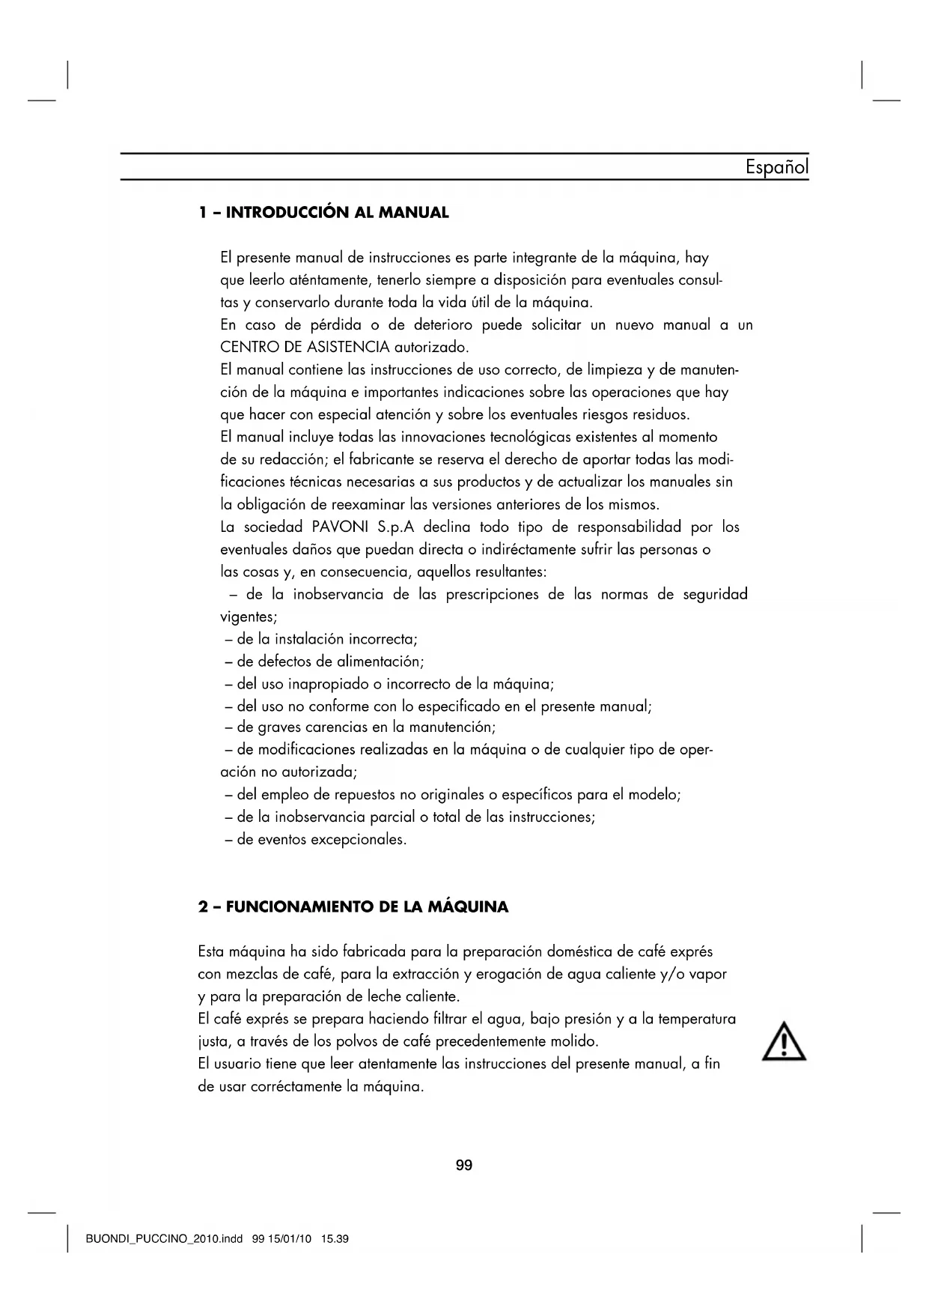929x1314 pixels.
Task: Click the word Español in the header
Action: [x=776, y=166]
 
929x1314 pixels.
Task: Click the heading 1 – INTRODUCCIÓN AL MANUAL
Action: [x=323, y=213]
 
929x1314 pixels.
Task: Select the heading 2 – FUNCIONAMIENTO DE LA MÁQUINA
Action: [x=353, y=907]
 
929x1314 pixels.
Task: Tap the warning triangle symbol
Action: [x=784, y=1041]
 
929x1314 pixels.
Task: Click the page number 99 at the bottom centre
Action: [x=464, y=1165]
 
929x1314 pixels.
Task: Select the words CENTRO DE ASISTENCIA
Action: [x=305, y=348]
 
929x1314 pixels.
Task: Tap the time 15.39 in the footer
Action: [x=335, y=1239]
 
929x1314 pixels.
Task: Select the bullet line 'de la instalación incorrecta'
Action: [x=321, y=640]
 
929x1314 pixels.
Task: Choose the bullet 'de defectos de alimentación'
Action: [x=325, y=662]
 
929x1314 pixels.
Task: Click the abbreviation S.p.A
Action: [x=397, y=527]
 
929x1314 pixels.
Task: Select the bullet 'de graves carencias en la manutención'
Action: [x=361, y=727]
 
